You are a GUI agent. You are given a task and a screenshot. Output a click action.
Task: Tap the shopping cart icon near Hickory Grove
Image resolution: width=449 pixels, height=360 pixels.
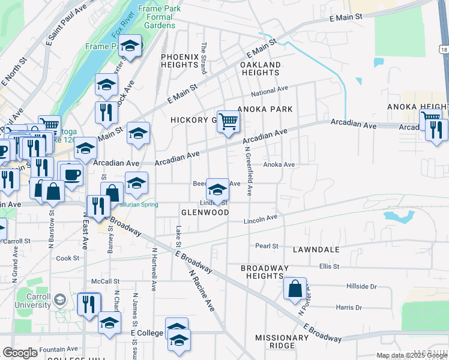coord(229,121)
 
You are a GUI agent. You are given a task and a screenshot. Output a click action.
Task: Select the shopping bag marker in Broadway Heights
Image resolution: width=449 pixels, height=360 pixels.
coord(295,289)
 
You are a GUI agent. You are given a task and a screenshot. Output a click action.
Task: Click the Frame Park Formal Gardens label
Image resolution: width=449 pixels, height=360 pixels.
coord(156,17)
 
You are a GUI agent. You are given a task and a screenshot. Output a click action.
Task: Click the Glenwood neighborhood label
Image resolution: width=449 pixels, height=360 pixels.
coord(205,213)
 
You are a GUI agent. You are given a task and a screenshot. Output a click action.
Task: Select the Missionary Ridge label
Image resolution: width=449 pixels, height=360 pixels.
coord(282,341)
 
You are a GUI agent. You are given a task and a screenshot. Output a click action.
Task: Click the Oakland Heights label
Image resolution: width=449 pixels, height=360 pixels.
coord(261,68)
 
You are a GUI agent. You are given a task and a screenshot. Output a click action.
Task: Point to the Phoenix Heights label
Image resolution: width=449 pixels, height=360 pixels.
coord(179,61)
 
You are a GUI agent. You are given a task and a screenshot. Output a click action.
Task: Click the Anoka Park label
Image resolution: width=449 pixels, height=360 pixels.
coord(265,109)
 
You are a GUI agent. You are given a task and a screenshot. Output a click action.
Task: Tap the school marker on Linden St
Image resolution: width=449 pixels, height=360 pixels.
coord(217,190)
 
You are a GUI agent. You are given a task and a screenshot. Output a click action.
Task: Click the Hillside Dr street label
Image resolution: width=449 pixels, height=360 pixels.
coord(361,287)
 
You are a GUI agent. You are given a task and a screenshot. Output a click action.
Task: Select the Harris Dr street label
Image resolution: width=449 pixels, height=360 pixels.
coord(349,308)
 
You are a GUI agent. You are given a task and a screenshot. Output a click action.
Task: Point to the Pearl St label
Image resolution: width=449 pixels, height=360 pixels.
coord(267,246)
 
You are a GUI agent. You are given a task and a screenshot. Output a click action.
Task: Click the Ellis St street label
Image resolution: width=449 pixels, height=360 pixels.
coord(330,266)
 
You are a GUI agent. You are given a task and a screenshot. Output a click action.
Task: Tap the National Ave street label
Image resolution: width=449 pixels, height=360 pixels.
coord(270,91)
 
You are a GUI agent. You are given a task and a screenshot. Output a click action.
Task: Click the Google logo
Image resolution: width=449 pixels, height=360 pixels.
coord(20,353)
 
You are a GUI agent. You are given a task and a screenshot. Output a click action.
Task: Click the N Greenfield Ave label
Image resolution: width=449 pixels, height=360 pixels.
coord(248,173)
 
